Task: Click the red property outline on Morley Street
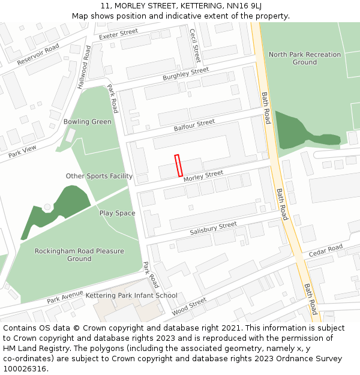tap(178, 165)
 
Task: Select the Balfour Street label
tap(194, 125)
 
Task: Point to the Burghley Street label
tap(186, 74)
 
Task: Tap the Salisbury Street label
tap(213, 229)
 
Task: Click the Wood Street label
tap(189, 306)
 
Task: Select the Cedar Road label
tap(326, 250)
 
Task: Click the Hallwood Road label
tap(83, 67)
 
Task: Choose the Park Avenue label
tap(65, 296)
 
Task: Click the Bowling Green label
tap(88, 122)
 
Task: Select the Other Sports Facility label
tap(99, 176)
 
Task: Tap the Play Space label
tap(117, 213)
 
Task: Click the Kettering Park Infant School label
tap(131, 295)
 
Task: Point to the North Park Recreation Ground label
tap(304, 58)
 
